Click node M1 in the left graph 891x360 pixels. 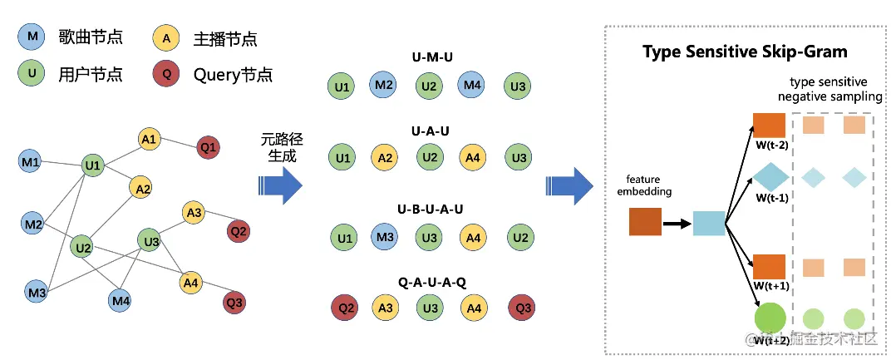coord(31,161)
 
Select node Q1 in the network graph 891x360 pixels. coord(209,148)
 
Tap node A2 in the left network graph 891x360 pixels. coord(141,190)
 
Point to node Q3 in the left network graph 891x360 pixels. coord(234,302)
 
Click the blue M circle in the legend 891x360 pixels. coord(32,37)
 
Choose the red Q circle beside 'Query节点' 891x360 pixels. coord(167,75)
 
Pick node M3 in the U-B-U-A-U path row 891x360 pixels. coord(385,237)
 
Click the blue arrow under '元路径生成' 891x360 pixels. coord(278,185)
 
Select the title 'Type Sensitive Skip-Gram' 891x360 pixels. coord(745,52)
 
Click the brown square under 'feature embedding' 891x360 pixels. coord(646,222)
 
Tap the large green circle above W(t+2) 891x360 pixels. coord(770,318)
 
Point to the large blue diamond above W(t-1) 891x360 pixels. coord(770,177)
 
